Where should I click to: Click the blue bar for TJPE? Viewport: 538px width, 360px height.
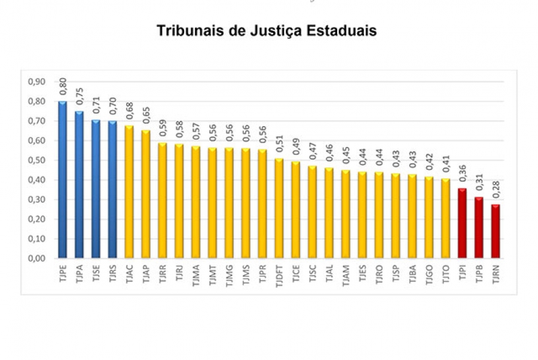coord(63,179)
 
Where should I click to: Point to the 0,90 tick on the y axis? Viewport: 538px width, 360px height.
coord(35,82)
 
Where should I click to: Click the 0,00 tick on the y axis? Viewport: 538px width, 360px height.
coord(35,258)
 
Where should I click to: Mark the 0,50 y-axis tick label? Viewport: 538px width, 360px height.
coord(35,160)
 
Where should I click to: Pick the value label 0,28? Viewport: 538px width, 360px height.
coord(496,191)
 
